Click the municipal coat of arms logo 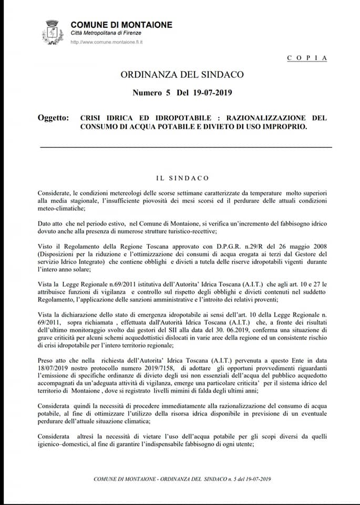pyautogui.click(x=52, y=32)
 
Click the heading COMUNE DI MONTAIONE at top pyautogui.click(x=121, y=25)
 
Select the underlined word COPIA pyautogui.click(x=307, y=58)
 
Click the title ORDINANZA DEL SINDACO pyautogui.click(x=182, y=74)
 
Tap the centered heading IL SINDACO pyautogui.click(x=182, y=178)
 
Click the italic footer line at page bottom pyautogui.click(x=182, y=479)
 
